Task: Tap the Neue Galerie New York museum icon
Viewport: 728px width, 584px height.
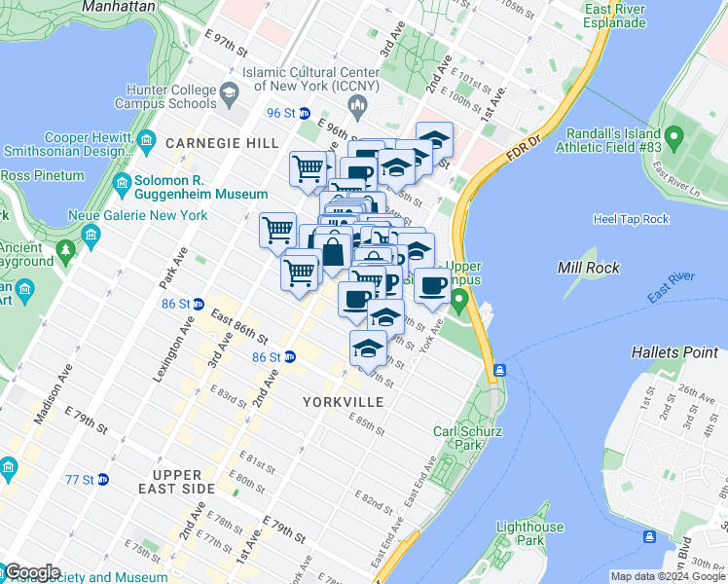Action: tap(91, 234)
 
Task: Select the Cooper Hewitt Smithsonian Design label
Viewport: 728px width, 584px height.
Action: tap(68, 144)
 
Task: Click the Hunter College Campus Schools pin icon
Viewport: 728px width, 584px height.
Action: tap(231, 95)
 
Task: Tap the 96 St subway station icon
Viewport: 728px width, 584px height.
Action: tap(304, 113)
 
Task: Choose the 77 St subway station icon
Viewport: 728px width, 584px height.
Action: tap(103, 480)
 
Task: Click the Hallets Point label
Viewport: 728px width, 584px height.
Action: tap(673, 351)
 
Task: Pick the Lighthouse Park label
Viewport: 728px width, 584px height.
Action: tap(529, 533)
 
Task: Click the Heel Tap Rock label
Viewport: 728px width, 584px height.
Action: tap(631, 219)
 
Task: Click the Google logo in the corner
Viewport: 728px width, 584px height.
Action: tap(31, 572)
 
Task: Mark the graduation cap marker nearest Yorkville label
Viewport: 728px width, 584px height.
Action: tap(369, 348)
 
